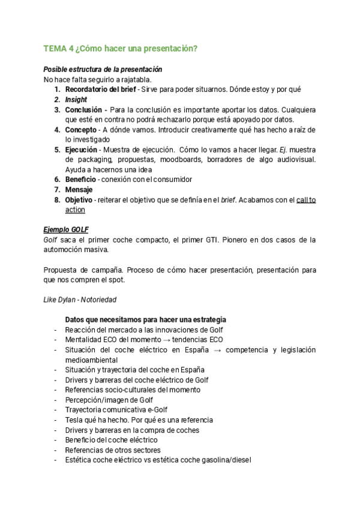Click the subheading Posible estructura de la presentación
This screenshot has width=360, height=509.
(103, 70)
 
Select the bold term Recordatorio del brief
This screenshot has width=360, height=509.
(100, 89)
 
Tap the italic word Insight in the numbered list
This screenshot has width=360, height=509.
(76, 100)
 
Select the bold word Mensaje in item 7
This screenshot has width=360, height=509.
(79, 190)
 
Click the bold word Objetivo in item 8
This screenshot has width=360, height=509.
(79, 200)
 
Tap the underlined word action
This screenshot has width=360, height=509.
(75, 209)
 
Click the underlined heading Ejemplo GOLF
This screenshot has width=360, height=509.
(66, 229)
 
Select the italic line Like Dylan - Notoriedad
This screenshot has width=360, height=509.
(80, 299)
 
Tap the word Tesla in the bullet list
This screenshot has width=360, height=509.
(75, 420)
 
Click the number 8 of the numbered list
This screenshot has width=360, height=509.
(57, 200)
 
